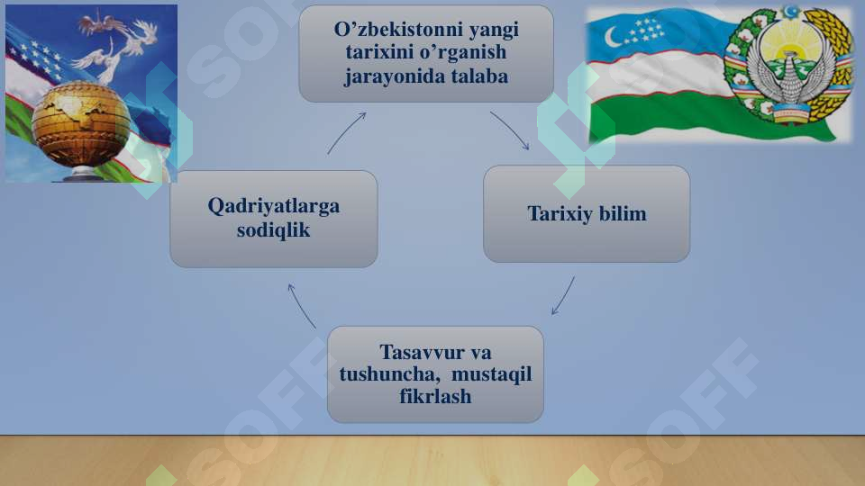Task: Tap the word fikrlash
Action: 435,396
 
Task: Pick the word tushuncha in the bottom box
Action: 384,373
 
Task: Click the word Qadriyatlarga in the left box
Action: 273,206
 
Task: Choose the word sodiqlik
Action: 273,230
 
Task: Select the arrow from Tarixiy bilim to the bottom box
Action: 563,296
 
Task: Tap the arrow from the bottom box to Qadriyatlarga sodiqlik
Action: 301,305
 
